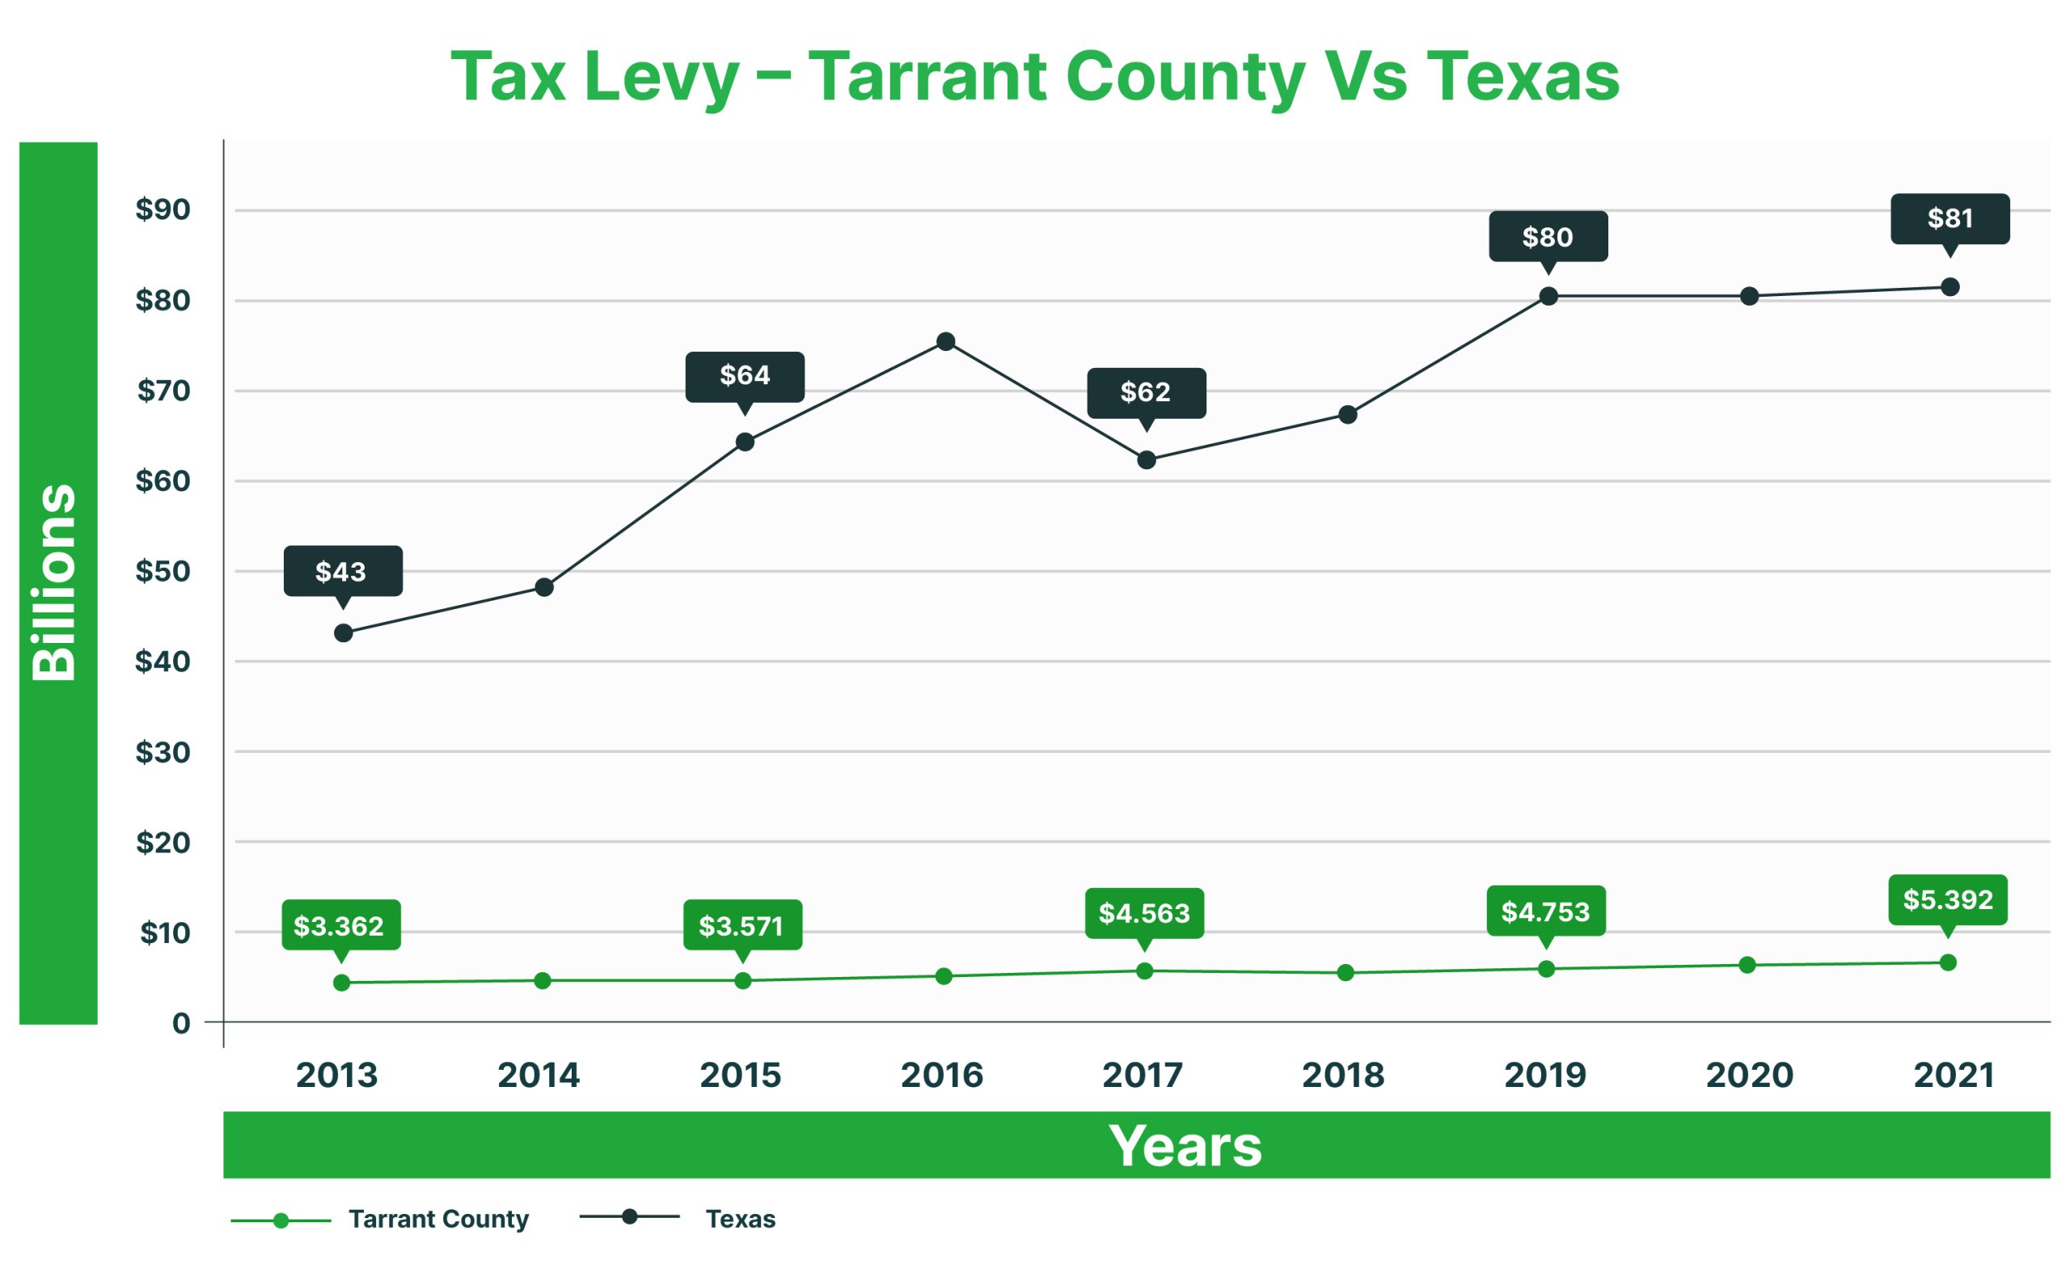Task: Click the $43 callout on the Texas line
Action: click(x=343, y=572)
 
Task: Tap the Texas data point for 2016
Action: click(x=945, y=341)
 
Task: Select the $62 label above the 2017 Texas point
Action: click(x=1146, y=392)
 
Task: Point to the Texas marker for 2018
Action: click(x=1347, y=414)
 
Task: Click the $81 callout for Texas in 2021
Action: click(x=1950, y=219)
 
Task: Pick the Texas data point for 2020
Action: click(x=1749, y=295)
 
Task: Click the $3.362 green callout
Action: click(x=340, y=925)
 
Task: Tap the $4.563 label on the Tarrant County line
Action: click(x=1144, y=912)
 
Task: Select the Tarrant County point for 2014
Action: click(x=542, y=980)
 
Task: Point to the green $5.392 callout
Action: click(x=1947, y=900)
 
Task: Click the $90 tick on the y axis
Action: click(x=163, y=209)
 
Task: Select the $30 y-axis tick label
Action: click(x=163, y=752)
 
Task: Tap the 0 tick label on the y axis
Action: click(x=181, y=1023)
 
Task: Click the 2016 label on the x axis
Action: click(x=941, y=1075)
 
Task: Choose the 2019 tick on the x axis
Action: click(x=1544, y=1075)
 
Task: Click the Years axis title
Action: click(x=1185, y=1145)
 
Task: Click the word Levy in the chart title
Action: click(x=661, y=78)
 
